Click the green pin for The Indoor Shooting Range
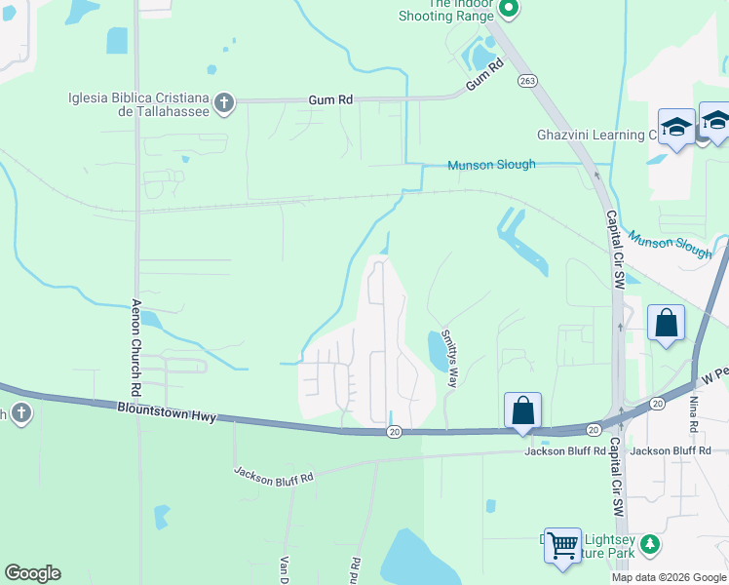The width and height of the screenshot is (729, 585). (x=508, y=9)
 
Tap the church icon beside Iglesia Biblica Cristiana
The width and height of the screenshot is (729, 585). (x=224, y=102)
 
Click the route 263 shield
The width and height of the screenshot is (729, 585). (x=527, y=81)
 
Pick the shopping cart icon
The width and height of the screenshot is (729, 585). (x=562, y=546)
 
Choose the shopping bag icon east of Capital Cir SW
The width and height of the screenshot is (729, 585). (x=666, y=323)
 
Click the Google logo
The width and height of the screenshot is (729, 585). (x=32, y=573)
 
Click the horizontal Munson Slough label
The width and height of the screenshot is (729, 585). (x=491, y=165)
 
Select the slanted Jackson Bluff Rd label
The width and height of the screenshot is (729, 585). (x=273, y=476)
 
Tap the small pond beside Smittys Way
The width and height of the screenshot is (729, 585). (x=436, y=349)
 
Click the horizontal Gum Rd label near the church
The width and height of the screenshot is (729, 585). (x=330, y=99)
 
